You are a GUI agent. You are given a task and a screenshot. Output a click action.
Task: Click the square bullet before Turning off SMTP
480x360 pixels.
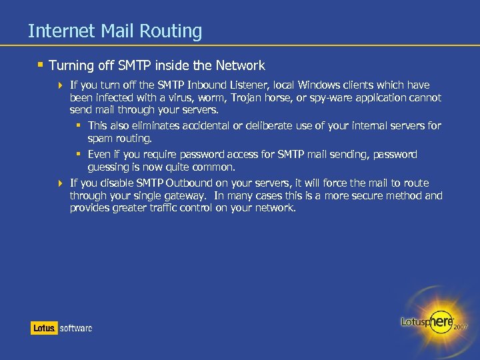[x=41, y=65]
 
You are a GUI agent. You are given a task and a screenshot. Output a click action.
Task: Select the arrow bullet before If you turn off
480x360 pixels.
[x=61, y=85]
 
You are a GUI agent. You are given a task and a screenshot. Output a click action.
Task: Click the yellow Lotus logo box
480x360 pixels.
[x=44, y=328]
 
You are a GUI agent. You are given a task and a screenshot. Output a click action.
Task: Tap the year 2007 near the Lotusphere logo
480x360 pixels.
[x=461, y=327]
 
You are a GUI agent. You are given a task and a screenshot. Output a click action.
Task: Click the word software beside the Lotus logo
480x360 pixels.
[x=76, y=328]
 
